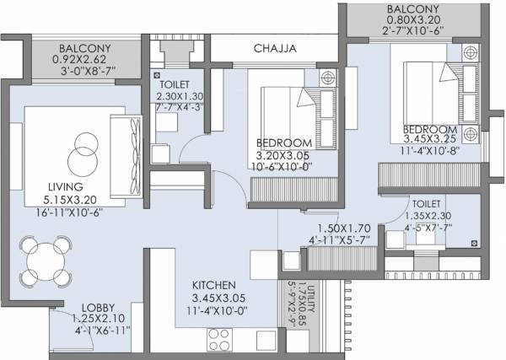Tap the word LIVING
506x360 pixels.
click(x=66, y=187)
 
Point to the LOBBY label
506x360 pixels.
click(x=100, y=307)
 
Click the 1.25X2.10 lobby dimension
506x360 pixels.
click(x=100, y=319)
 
